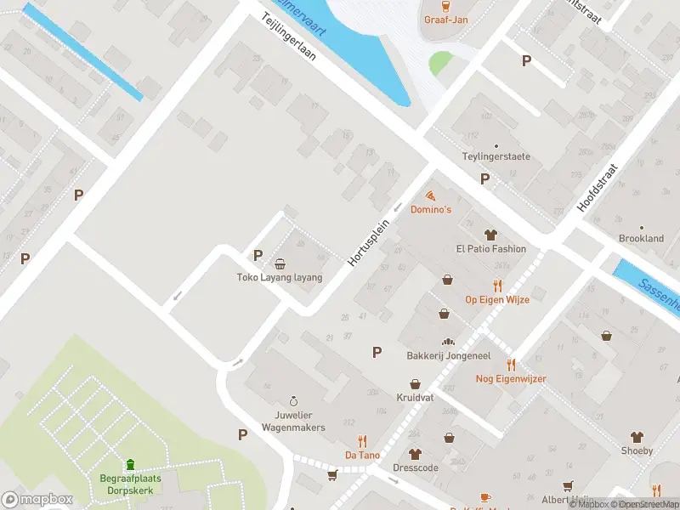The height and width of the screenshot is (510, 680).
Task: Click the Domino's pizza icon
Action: pos(430,195)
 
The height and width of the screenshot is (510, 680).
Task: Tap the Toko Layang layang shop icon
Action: pos(280,263)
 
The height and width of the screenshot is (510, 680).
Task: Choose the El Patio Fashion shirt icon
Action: pos(490,235)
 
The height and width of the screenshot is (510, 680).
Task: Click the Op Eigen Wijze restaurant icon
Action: pos(497,286)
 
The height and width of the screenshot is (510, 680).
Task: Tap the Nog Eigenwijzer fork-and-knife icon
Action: pos(511,365)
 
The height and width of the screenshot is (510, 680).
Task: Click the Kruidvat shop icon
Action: pos(415,383)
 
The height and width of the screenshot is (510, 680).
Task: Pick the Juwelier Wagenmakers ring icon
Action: pos(293,400)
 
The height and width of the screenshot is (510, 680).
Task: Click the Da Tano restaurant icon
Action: pos(363,440)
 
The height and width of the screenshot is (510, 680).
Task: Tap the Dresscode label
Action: pos(415,467)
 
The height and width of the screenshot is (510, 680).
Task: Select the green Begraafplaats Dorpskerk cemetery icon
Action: pos(130,464)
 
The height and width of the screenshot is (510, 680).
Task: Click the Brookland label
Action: pos(641,239)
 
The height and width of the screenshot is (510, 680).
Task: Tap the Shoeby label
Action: pos(637,450)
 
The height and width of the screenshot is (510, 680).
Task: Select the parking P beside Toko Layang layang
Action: pos(258,255)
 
